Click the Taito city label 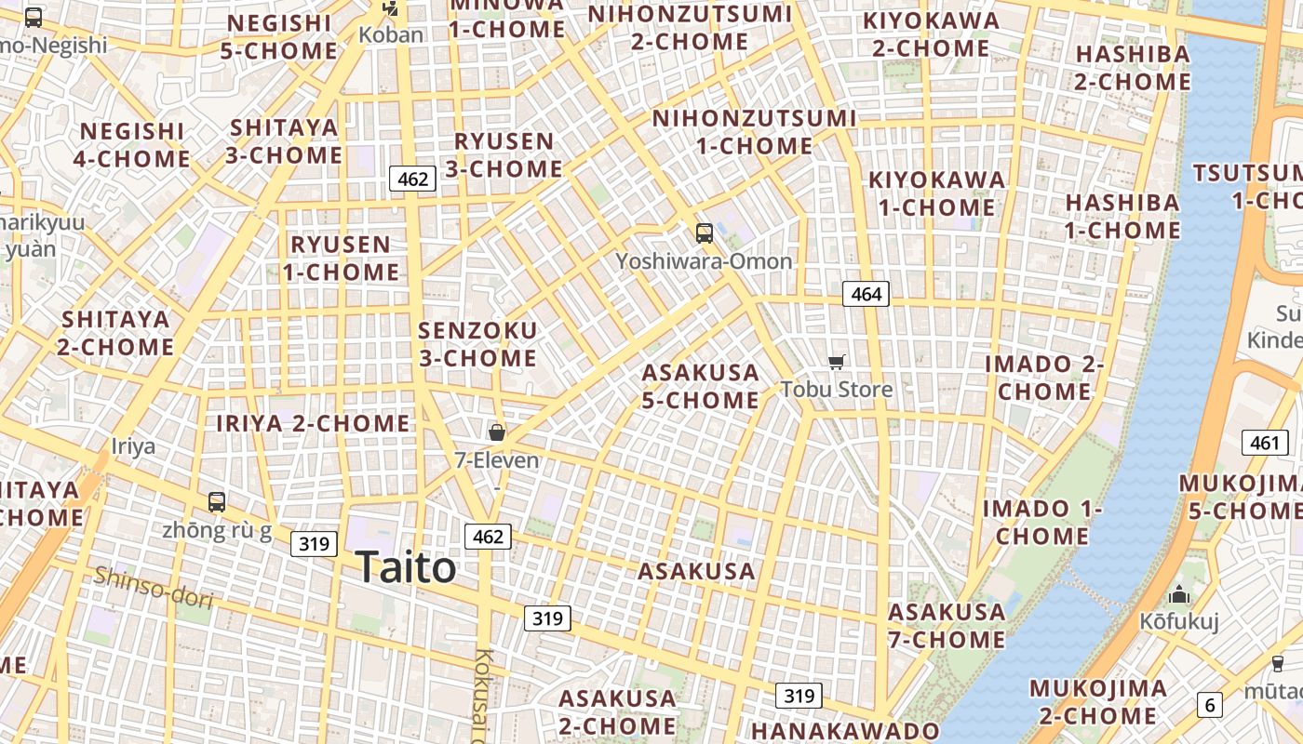[406, 567]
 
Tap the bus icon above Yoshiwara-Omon [705, 233]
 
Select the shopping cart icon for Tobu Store [837, 362]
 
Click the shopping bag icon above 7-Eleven [497, 432]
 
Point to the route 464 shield [866, 295]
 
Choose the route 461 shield [1265, 443]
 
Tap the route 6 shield [1210, 705]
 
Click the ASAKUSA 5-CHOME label [701, 386]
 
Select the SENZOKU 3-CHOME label [477, 344]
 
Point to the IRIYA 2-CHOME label [313, 424]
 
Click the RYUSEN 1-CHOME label [342, 259]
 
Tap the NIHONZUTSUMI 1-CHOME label [754, 132]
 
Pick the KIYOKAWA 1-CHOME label [936, 193]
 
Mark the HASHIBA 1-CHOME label [1122, 216]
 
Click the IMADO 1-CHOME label [1042, 523]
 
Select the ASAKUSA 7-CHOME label [947, 626]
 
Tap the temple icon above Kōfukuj [1180, 594]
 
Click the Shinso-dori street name [153, 587]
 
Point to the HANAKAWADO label [845, 731]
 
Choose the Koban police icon [390, 10]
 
